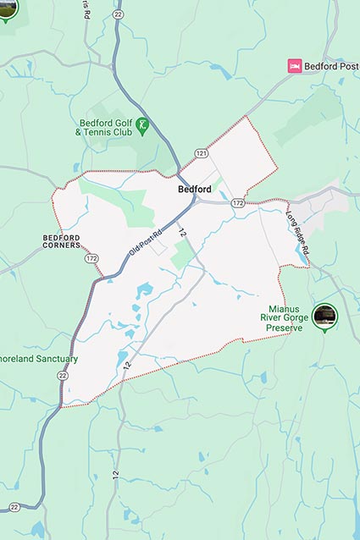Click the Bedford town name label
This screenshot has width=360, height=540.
(195, 189)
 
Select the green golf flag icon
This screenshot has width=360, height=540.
(142, 125)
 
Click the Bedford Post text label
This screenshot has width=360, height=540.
(332, 66)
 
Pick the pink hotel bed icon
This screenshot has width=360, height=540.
(295, 66)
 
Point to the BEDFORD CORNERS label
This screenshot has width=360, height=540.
(61, 241)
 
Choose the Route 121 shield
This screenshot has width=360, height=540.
(201, 153)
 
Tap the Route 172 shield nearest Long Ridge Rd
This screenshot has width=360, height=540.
(238, 203)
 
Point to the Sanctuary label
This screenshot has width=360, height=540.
(39, 359)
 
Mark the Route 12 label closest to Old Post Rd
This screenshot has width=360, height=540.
(181, 231)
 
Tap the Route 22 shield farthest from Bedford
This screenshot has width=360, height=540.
(14, 506)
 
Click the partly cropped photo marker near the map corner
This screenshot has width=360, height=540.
(8, 8)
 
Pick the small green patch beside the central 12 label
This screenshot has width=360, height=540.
(181, 254)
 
